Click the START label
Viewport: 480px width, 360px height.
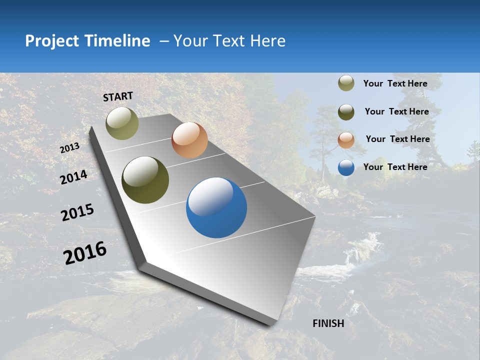point(118,96)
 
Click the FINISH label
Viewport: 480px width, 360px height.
point(328,323)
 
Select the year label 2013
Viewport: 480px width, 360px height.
point(69,148)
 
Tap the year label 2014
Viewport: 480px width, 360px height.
point(73,177)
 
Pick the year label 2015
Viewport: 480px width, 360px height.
point(77,212)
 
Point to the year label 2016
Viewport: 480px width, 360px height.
point(85,252)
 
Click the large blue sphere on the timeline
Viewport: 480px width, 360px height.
point(216,207)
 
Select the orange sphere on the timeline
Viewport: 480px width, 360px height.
point(189,140)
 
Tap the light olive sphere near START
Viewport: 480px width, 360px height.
point(122,123)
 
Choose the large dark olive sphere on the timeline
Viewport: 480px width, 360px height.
point(145,180)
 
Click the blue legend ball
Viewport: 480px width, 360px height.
point(346,167)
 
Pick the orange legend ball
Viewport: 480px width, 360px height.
point(346,140)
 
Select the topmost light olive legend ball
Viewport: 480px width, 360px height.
point(346,83)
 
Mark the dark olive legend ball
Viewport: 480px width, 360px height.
point(346,112)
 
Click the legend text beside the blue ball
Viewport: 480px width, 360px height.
point(395,167)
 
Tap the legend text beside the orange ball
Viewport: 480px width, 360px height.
point(397,139)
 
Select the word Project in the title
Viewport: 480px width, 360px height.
point(51,41)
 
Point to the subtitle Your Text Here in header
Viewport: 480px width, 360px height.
point(229,41)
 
